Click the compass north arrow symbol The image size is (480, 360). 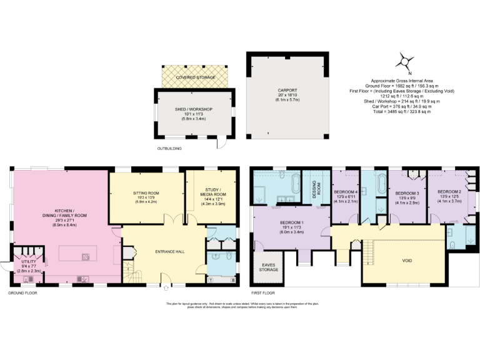[406, 61]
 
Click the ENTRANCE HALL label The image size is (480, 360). [170, 251]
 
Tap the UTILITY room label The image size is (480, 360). [20, 266]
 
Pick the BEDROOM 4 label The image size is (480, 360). [346, 196]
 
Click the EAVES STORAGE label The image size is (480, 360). [271, 267]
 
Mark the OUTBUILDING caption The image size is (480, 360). [170, 149]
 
